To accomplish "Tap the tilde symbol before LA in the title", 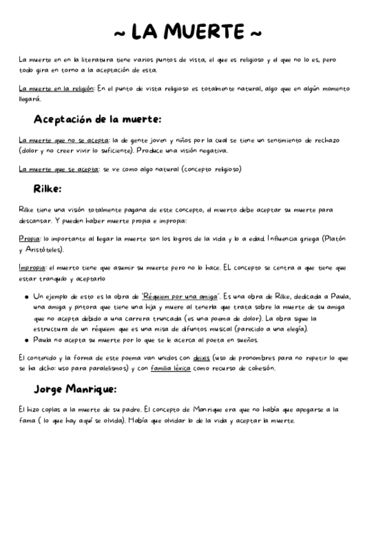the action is tap(120, 32).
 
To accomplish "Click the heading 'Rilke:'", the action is tap(47, 189).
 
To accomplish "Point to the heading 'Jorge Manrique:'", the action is tap(75, 389).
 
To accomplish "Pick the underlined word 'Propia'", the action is tap(29, 238).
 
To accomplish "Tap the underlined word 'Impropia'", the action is tap(32, 268).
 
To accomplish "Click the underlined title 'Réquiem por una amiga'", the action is tap(180, 297).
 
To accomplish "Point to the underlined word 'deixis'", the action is tap(202, 358).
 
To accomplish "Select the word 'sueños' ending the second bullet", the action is tap(244, 340).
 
